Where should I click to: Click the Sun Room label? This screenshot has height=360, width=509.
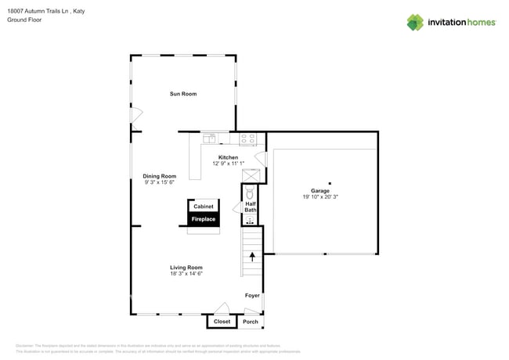coord(183,94)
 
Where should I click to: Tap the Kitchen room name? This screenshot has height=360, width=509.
coord(228,157)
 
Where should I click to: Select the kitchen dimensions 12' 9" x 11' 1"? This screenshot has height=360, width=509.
coord(228,164)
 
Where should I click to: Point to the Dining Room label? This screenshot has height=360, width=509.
coord(159,176)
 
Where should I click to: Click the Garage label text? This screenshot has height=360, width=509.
coord(319,191)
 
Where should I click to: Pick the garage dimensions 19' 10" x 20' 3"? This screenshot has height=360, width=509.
coord(319,197)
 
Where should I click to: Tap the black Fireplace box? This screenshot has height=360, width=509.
coord(204,220)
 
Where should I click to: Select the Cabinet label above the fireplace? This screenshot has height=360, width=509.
coord(204,207)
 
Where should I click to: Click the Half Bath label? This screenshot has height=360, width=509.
coord(251,207)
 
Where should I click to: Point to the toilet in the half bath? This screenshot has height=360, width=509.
coord(251,193)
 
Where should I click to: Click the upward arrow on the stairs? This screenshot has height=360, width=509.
coord(252,255)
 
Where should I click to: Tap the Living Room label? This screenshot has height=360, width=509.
coord(186,268)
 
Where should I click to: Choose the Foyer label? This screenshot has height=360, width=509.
coord(252,296)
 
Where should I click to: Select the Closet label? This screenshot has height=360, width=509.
coord(222,322)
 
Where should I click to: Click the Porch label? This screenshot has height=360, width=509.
coord(251,322)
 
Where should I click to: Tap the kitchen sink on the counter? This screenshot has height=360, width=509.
coord(209,139)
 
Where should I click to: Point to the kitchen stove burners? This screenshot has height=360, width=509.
coord(247,139)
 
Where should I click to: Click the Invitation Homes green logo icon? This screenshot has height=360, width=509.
coord(415,22)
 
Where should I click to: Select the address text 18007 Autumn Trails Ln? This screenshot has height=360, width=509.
coord(39,11)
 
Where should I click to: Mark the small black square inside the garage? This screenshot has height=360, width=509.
coord(330,183)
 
